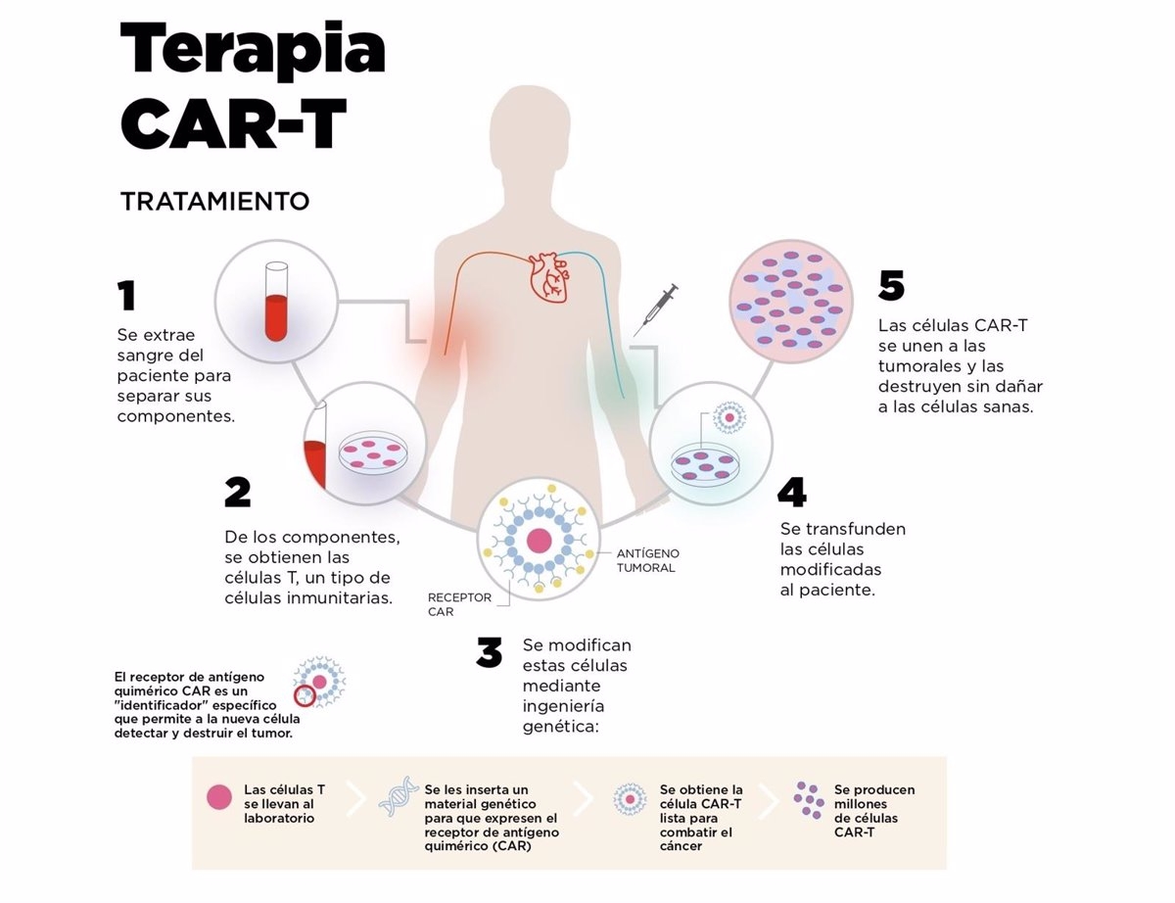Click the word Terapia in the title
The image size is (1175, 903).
(x=252, y=51)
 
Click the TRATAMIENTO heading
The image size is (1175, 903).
(x=214, y=202)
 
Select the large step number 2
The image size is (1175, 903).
(x=238, y=493)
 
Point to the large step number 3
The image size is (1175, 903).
(x=490, y=652)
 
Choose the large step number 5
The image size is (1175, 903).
(x=891, y=285)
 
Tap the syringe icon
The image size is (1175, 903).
(x=656, y=309)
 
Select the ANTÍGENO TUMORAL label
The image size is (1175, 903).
(x=647, y=560)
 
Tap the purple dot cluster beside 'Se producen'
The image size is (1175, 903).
(x=809, y=799)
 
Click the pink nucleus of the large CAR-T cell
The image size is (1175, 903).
(x=538, y=540)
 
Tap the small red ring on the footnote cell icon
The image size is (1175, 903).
(x=305, y=696)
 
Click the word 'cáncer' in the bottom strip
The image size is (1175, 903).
(x=681, y=845)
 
